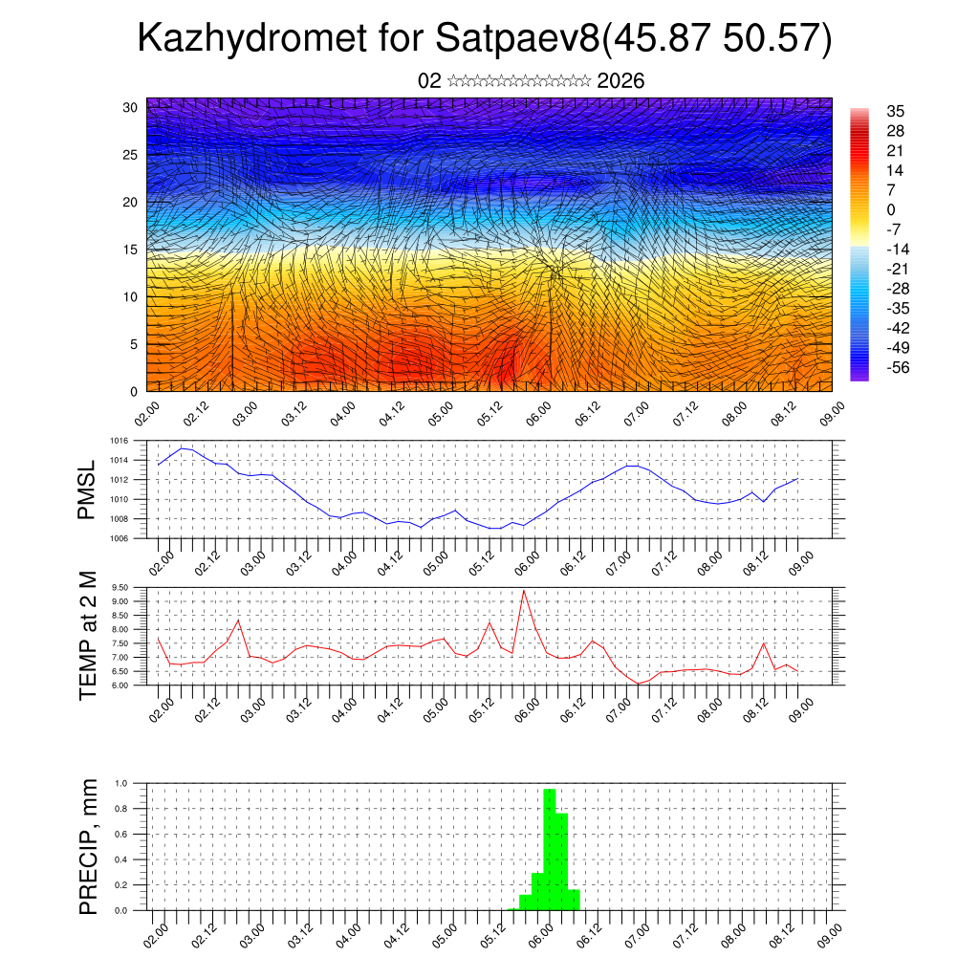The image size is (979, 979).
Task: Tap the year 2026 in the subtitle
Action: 620,81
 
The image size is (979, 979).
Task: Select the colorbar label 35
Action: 896,111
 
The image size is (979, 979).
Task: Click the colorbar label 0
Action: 891,209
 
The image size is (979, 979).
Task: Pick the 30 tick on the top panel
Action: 131,107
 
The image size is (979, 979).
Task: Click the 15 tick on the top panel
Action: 131,250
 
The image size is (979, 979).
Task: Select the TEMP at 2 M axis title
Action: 88,635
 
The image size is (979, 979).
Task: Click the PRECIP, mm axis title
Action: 88,846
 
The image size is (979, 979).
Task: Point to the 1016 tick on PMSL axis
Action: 118,442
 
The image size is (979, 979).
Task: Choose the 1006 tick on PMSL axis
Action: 118,539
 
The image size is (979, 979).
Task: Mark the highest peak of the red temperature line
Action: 523,591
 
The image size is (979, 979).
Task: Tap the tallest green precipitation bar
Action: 550,846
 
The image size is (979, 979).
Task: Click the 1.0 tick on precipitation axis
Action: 121,783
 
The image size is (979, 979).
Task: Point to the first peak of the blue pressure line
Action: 182,447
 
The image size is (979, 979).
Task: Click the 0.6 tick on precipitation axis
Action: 121,835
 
